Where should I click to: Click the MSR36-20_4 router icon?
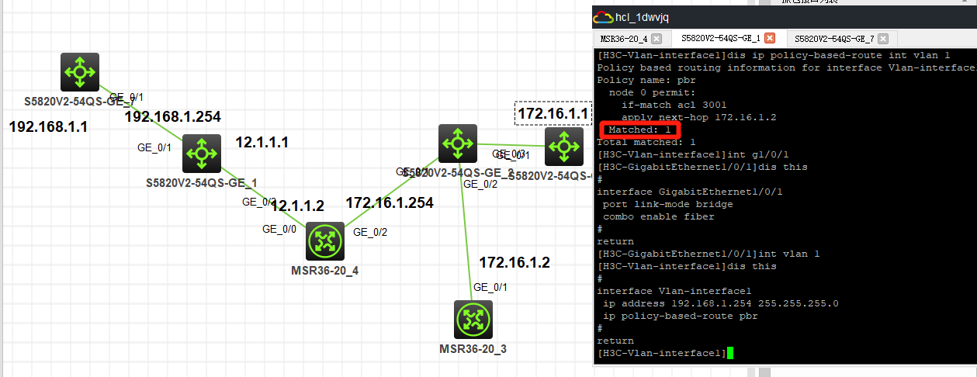pos(325,241)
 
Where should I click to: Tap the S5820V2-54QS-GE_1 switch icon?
pos(202,154)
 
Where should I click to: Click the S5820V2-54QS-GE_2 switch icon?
pos(457,144)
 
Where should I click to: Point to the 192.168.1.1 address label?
pos(48,126)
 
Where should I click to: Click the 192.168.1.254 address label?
pos(172,117)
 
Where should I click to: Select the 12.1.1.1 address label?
pos(262,143)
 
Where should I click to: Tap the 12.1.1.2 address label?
pos(297,206)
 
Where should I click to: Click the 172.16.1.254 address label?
pos(390,203)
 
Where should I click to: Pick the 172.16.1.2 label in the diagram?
pos(514,263)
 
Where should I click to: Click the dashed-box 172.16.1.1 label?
pos(553,114)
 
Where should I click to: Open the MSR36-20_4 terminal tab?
pos(624,38)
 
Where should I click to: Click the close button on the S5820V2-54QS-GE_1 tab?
pos(770,38)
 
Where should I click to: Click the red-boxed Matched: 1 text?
pos(640,130)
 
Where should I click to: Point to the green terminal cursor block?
pos(730,354)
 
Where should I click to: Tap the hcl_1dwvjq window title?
pos(642,17)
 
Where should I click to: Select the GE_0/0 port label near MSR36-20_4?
pos(279,229)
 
